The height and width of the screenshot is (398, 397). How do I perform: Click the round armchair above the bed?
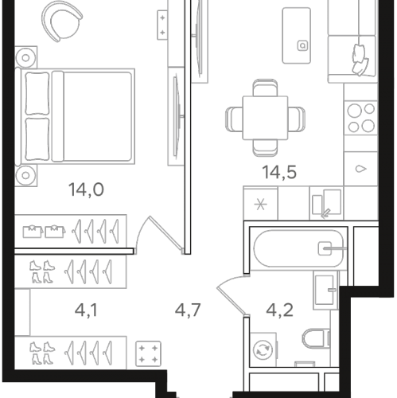pos(61,22)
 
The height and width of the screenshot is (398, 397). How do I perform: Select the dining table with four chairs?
pos(264,117)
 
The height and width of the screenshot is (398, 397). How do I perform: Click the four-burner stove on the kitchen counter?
pos(360,118)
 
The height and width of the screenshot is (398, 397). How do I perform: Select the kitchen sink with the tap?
pos(325,205)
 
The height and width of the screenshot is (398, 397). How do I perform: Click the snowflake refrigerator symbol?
pos(259,203)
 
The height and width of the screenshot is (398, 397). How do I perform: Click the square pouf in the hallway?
pos(146,350)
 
